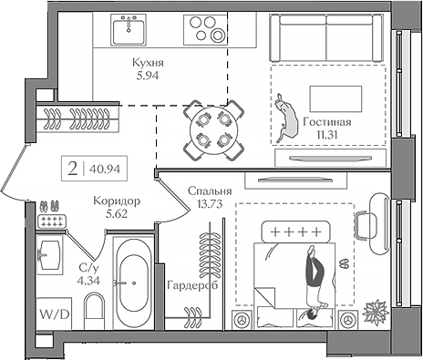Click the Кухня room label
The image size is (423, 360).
coord(147,63)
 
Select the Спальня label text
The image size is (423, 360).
coord(208,190)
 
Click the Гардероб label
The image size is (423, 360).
coord(191,285)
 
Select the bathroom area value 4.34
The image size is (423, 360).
coord(88,280)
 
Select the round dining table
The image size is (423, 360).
coord(211,129)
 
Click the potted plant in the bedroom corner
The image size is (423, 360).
coord(375,313)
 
